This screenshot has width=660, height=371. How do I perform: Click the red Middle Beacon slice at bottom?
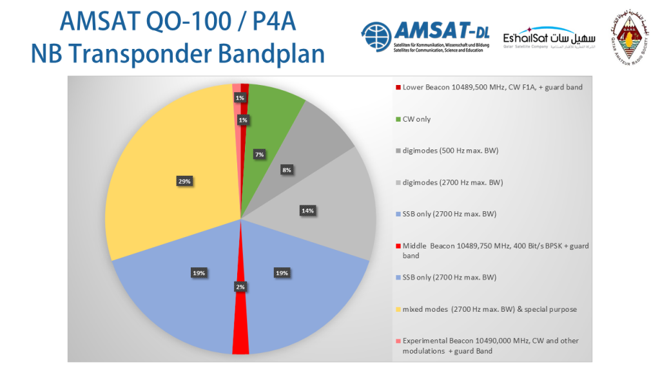tap(240, 322)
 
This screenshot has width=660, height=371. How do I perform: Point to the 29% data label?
tap(184, 181)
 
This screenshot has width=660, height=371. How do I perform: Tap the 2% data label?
tap(240, 287)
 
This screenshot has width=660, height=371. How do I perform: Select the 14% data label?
tap(307, 210)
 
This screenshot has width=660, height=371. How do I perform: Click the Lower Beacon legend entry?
tap(489, 87)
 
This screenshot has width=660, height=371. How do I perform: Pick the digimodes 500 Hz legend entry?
tap(451, 151)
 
